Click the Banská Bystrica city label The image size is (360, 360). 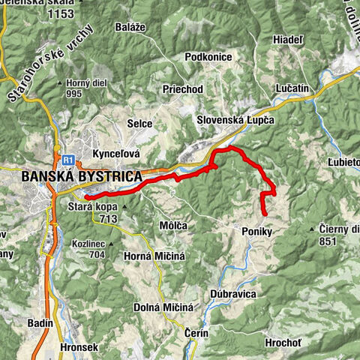point(82,176)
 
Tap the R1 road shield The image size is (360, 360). point(68,160)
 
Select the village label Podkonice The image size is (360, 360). point(209,58)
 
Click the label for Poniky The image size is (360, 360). point(256,232)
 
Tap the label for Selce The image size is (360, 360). point(139,124)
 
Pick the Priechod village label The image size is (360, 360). point(183,88)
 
